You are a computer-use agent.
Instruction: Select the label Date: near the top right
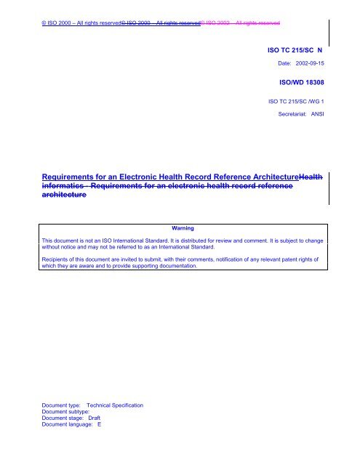coord(279,64)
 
